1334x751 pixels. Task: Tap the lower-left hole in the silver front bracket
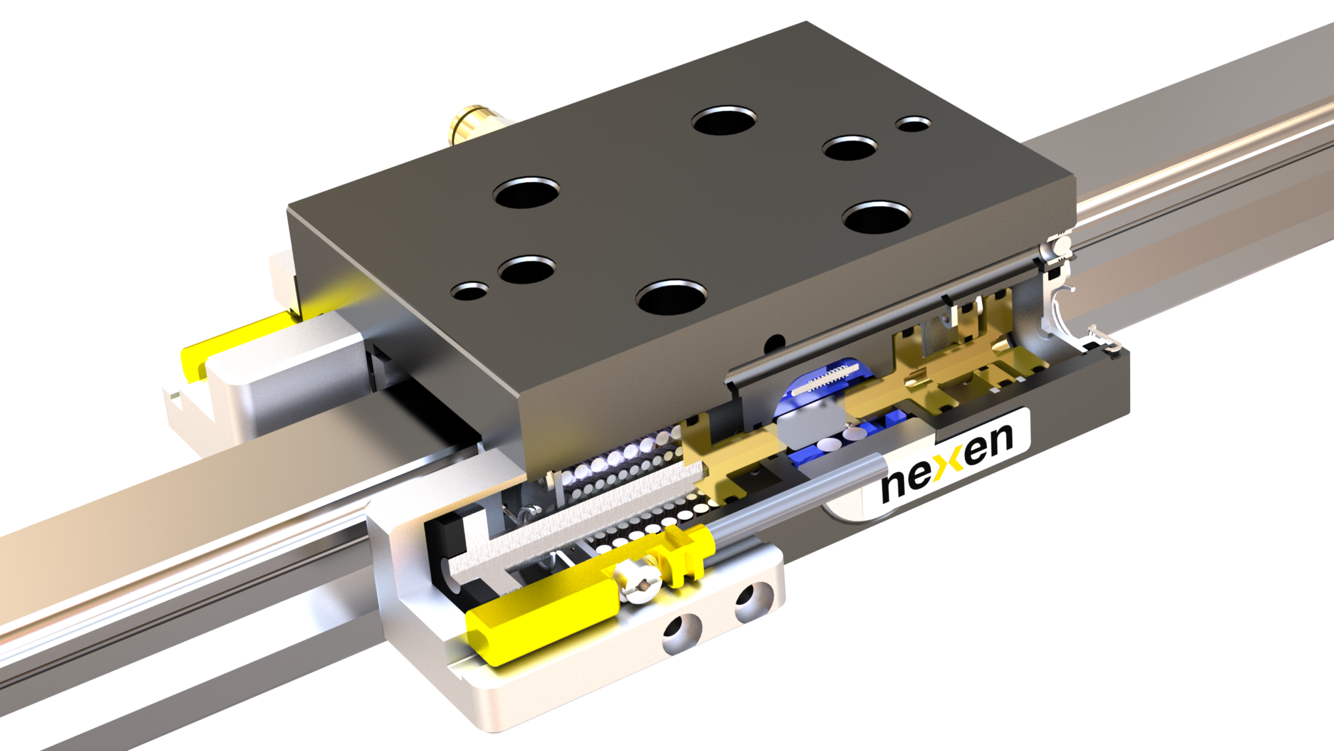(681, 628)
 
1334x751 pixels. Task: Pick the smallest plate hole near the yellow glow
(472, 290)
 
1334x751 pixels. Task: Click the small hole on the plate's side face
(775, 341)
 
